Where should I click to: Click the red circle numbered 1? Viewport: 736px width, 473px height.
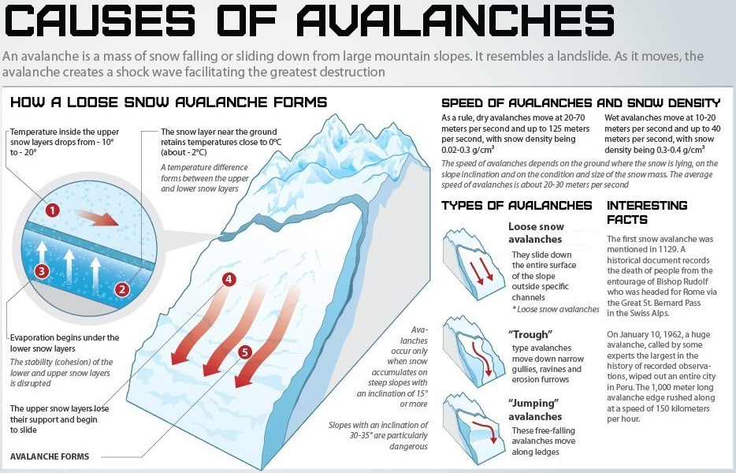pos(52,210)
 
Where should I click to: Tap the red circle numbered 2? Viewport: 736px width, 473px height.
pos(121,289)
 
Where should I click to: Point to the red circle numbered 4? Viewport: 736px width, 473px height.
pos(229,279)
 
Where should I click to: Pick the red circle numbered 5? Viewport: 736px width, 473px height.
pos(245,352)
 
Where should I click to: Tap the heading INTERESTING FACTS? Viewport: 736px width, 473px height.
pos(646,212)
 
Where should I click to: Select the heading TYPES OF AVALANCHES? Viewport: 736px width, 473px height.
pos(516,206)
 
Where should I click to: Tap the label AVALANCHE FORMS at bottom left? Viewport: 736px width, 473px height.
pos(50,456)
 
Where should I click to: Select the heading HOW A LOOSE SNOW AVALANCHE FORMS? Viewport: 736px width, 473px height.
pos(168,102)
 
